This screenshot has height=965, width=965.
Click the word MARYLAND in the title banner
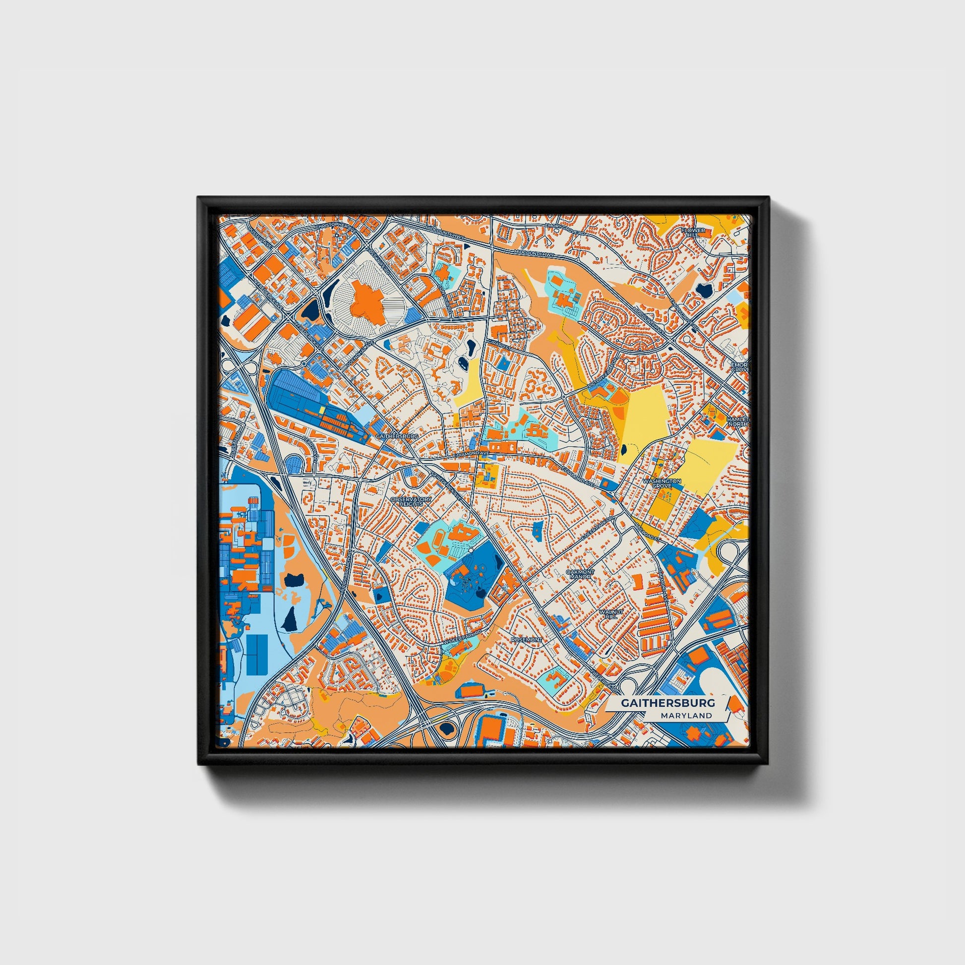pos(686,715)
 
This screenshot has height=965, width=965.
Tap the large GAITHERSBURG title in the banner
pos(668,703)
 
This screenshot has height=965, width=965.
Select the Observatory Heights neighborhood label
pos(411,501)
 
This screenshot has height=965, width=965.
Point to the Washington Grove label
pos(662,483)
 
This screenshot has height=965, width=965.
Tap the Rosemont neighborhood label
pos(526,639)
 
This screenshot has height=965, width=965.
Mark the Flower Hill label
pos(693,233)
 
